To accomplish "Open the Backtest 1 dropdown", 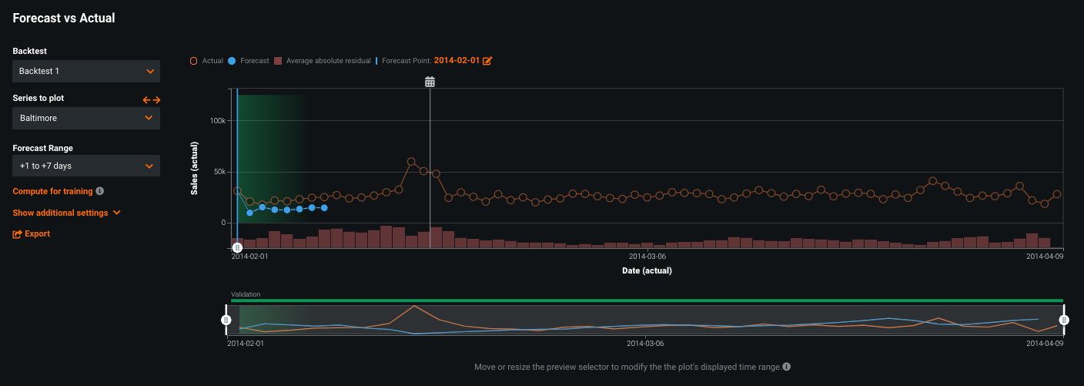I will click(x=86, y=71).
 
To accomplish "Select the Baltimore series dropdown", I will click(x=86, y=118).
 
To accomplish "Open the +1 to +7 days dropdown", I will click(x=86, y=166).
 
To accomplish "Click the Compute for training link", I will click(x=52, y=191).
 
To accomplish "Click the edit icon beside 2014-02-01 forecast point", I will click(x=487, y=60).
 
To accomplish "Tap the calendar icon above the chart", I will click(x=430, y=82).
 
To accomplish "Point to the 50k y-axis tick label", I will click(x=219, y=172).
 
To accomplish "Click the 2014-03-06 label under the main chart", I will click(x=647, y=256).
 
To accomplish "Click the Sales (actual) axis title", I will click(x=195, y=167).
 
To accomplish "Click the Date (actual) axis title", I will click(x=647, y=270).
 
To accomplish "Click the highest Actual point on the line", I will click(x=411, y=162).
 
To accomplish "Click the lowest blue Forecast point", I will click(x=249, y=212).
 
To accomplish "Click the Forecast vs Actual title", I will click(x=64, y=18).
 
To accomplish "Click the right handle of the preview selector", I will click(x=1064, y=320).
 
